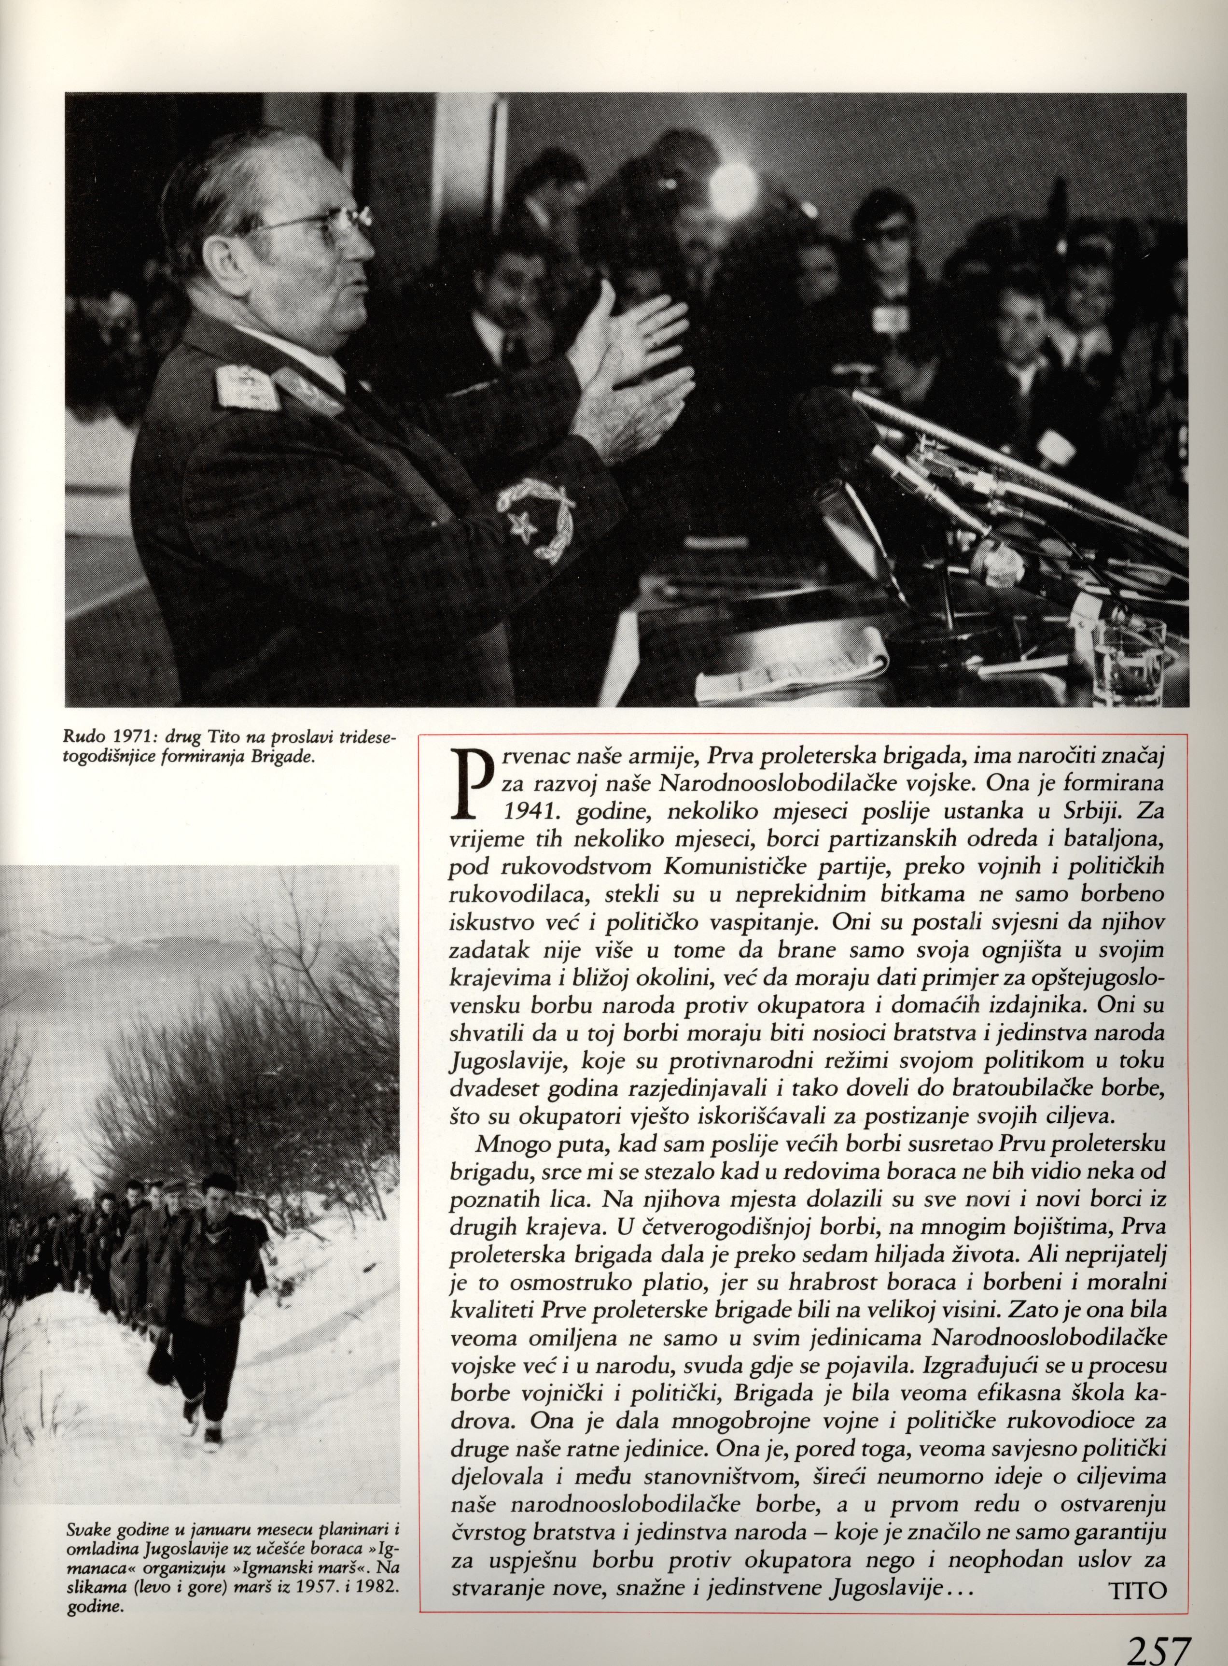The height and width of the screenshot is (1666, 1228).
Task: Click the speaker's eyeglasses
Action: point(327,223)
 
